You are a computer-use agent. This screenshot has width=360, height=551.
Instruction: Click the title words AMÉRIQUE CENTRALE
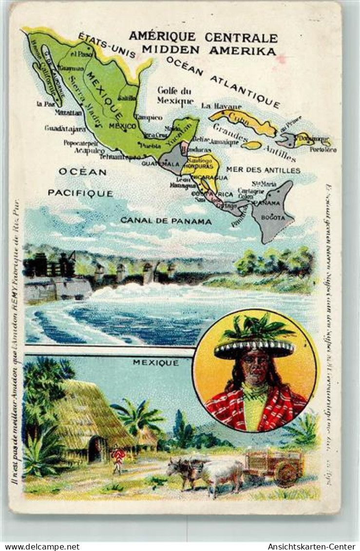203,37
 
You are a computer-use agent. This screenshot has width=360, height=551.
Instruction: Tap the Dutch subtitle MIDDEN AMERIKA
209,50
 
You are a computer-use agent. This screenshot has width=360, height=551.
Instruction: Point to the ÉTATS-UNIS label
107,45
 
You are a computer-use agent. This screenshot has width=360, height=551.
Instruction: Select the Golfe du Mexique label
175,95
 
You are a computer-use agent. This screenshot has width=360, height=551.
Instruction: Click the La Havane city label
221,106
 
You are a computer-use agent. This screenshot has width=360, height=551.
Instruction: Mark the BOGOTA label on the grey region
273,217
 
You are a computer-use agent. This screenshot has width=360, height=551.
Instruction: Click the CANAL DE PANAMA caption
166,221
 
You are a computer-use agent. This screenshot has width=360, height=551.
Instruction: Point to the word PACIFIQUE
80,193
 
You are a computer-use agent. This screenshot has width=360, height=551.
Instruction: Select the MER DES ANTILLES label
263,170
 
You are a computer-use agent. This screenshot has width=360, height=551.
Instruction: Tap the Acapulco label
89,151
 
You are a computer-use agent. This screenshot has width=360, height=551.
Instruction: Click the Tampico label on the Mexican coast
149,117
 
